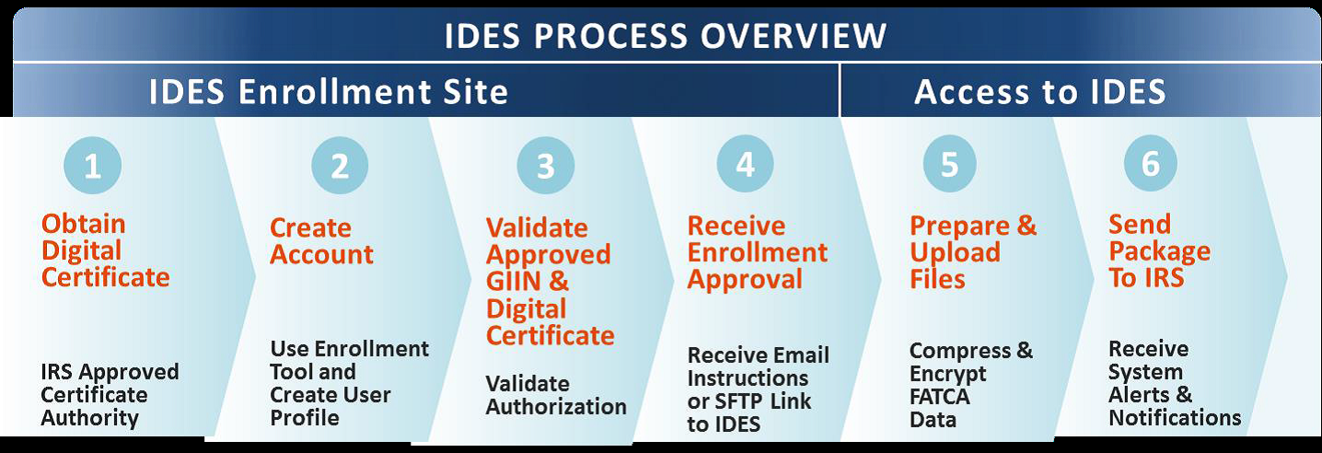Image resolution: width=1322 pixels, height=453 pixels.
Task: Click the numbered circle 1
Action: click(93, 166)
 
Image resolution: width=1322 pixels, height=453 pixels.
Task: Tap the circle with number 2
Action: click(340, 166)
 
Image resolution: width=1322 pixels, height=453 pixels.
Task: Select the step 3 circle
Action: click(545, 166)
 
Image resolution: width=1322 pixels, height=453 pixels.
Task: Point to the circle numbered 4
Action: click(745, 164)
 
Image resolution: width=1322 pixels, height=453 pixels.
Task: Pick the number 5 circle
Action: click(949, 164)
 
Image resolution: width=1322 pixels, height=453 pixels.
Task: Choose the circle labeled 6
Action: click(1150, 164)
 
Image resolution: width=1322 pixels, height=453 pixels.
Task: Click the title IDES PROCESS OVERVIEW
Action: click(665, 35)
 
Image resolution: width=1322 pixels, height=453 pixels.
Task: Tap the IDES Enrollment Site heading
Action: click(328, 92)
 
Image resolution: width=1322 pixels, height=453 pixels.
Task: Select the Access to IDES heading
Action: click(1040, 92)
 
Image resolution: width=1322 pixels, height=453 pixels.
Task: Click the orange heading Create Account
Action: click(321, 241)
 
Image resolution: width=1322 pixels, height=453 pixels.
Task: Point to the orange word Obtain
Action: click(83, 224)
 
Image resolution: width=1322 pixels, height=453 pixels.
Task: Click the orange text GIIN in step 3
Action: click(513, 281)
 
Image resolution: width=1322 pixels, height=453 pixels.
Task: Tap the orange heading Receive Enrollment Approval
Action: click(757, 253)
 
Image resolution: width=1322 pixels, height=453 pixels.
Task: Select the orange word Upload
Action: click(955, 253)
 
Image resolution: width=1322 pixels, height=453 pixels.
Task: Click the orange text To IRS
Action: click(1146, 277)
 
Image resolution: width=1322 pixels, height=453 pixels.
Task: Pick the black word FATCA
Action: click(940, 396)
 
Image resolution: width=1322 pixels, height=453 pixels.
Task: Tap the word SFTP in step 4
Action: click(737, 401)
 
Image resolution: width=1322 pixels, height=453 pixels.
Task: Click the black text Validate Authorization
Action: click(556, 395)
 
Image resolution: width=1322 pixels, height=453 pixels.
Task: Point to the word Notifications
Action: click(1175, 418)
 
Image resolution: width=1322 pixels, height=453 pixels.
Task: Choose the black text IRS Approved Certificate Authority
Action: click(110, 394)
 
